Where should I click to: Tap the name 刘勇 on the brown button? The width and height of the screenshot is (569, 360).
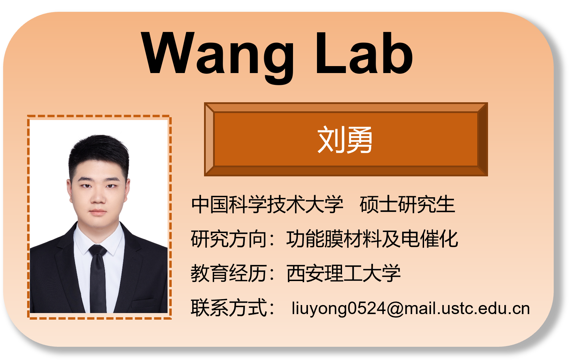[345, 140]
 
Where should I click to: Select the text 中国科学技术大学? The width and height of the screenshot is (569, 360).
[267, 204]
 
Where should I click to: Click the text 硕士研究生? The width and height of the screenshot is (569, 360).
[407, 204]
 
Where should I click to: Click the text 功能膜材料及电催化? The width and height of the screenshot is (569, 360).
[372, 239]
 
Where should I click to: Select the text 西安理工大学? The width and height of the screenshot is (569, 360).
[343, 273]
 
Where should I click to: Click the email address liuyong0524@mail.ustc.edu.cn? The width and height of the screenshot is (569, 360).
[411, 309]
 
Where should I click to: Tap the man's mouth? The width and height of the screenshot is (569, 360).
[98, 212]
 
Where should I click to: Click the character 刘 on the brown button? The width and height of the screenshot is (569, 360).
[330, 140]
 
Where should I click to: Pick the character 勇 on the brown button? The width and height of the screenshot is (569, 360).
[359, 140]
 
